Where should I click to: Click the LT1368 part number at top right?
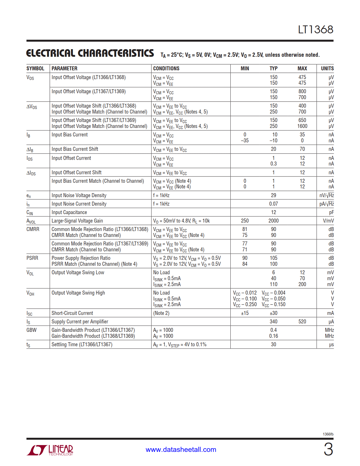(315, 30)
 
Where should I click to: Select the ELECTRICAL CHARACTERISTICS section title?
(90, 53)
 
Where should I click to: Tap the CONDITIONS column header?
(166, 69)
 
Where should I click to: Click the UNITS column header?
(327, 69)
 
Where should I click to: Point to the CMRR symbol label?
(33, 229)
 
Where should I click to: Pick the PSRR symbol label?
(32, 258)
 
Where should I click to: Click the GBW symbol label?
(31, 330)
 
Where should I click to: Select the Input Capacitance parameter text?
(69, 212)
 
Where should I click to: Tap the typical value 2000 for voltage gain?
(273, 221)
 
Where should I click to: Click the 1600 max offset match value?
(302, 126)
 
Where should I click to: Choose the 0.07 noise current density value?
(273, 204)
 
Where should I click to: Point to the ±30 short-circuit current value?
(273, 313)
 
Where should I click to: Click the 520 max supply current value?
(302, 322)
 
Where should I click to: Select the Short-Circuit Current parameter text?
(72, 313)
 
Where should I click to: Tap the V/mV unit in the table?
(328, 221)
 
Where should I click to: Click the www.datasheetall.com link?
(181, 450)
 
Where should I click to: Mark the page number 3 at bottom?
(328, 449)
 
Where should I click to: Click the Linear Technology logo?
(50, 450)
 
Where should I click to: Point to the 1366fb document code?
(328, 434)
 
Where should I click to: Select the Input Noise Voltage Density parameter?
(79, 195)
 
